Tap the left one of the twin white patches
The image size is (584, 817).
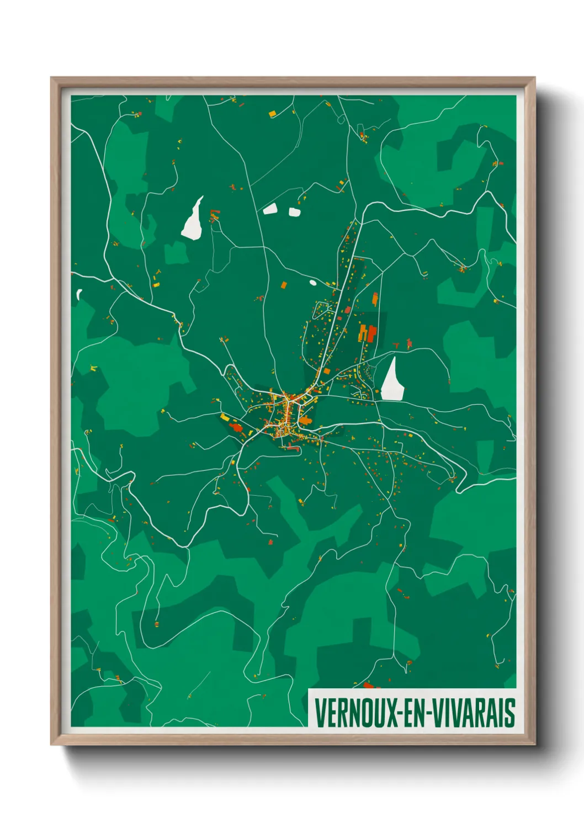(270, 209)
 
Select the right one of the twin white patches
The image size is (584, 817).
(294, 211)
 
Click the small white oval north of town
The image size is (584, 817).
(313, 283)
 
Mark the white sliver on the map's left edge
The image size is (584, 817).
(79, 294)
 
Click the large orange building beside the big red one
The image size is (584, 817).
(363, 333)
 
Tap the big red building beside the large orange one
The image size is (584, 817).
(372, 333)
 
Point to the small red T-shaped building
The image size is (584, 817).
(396, 346)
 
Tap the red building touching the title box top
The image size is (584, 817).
(369, 686)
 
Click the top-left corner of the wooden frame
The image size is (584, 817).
(52, 78)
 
